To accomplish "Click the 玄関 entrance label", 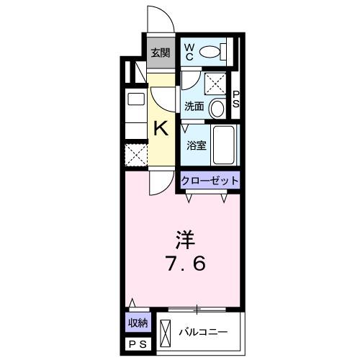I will (x=160, y=52).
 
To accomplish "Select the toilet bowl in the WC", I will (x=211, y=52).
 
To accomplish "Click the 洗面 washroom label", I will (x=194, y=107).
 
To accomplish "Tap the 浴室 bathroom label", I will (x=195, y=144).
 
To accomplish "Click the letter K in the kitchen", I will (x=161, y=129).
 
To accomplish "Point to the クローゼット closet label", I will (x=209, y=181).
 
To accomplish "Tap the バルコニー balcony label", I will (x=204, y=332).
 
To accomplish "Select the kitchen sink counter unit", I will (x=135, y=115).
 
